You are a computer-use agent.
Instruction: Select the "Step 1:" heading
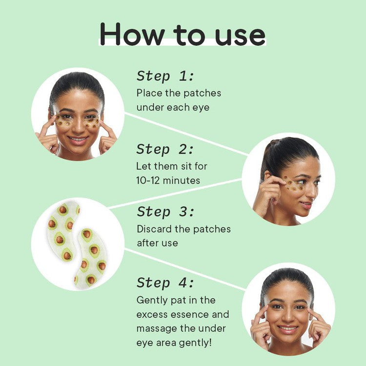(165, 76)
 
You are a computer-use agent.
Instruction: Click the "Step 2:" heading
(165, 149)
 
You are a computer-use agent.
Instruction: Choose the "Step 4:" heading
(165, 283)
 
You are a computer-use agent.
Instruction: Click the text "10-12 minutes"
(168, 180)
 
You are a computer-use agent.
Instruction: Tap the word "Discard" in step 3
(155, 229)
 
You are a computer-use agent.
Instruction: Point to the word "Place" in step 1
(148, 93)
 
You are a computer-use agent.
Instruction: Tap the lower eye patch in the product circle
(90, 256)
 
